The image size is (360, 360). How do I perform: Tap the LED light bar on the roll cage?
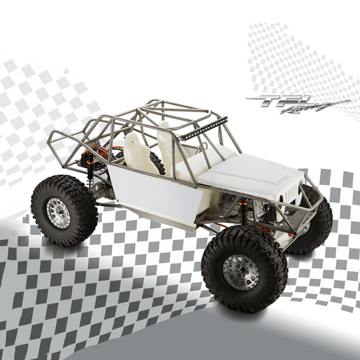[x=204, y=128]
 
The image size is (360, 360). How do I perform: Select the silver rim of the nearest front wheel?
[x=241, y=272]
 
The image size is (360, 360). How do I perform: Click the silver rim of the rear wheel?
[x=58, y=211]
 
